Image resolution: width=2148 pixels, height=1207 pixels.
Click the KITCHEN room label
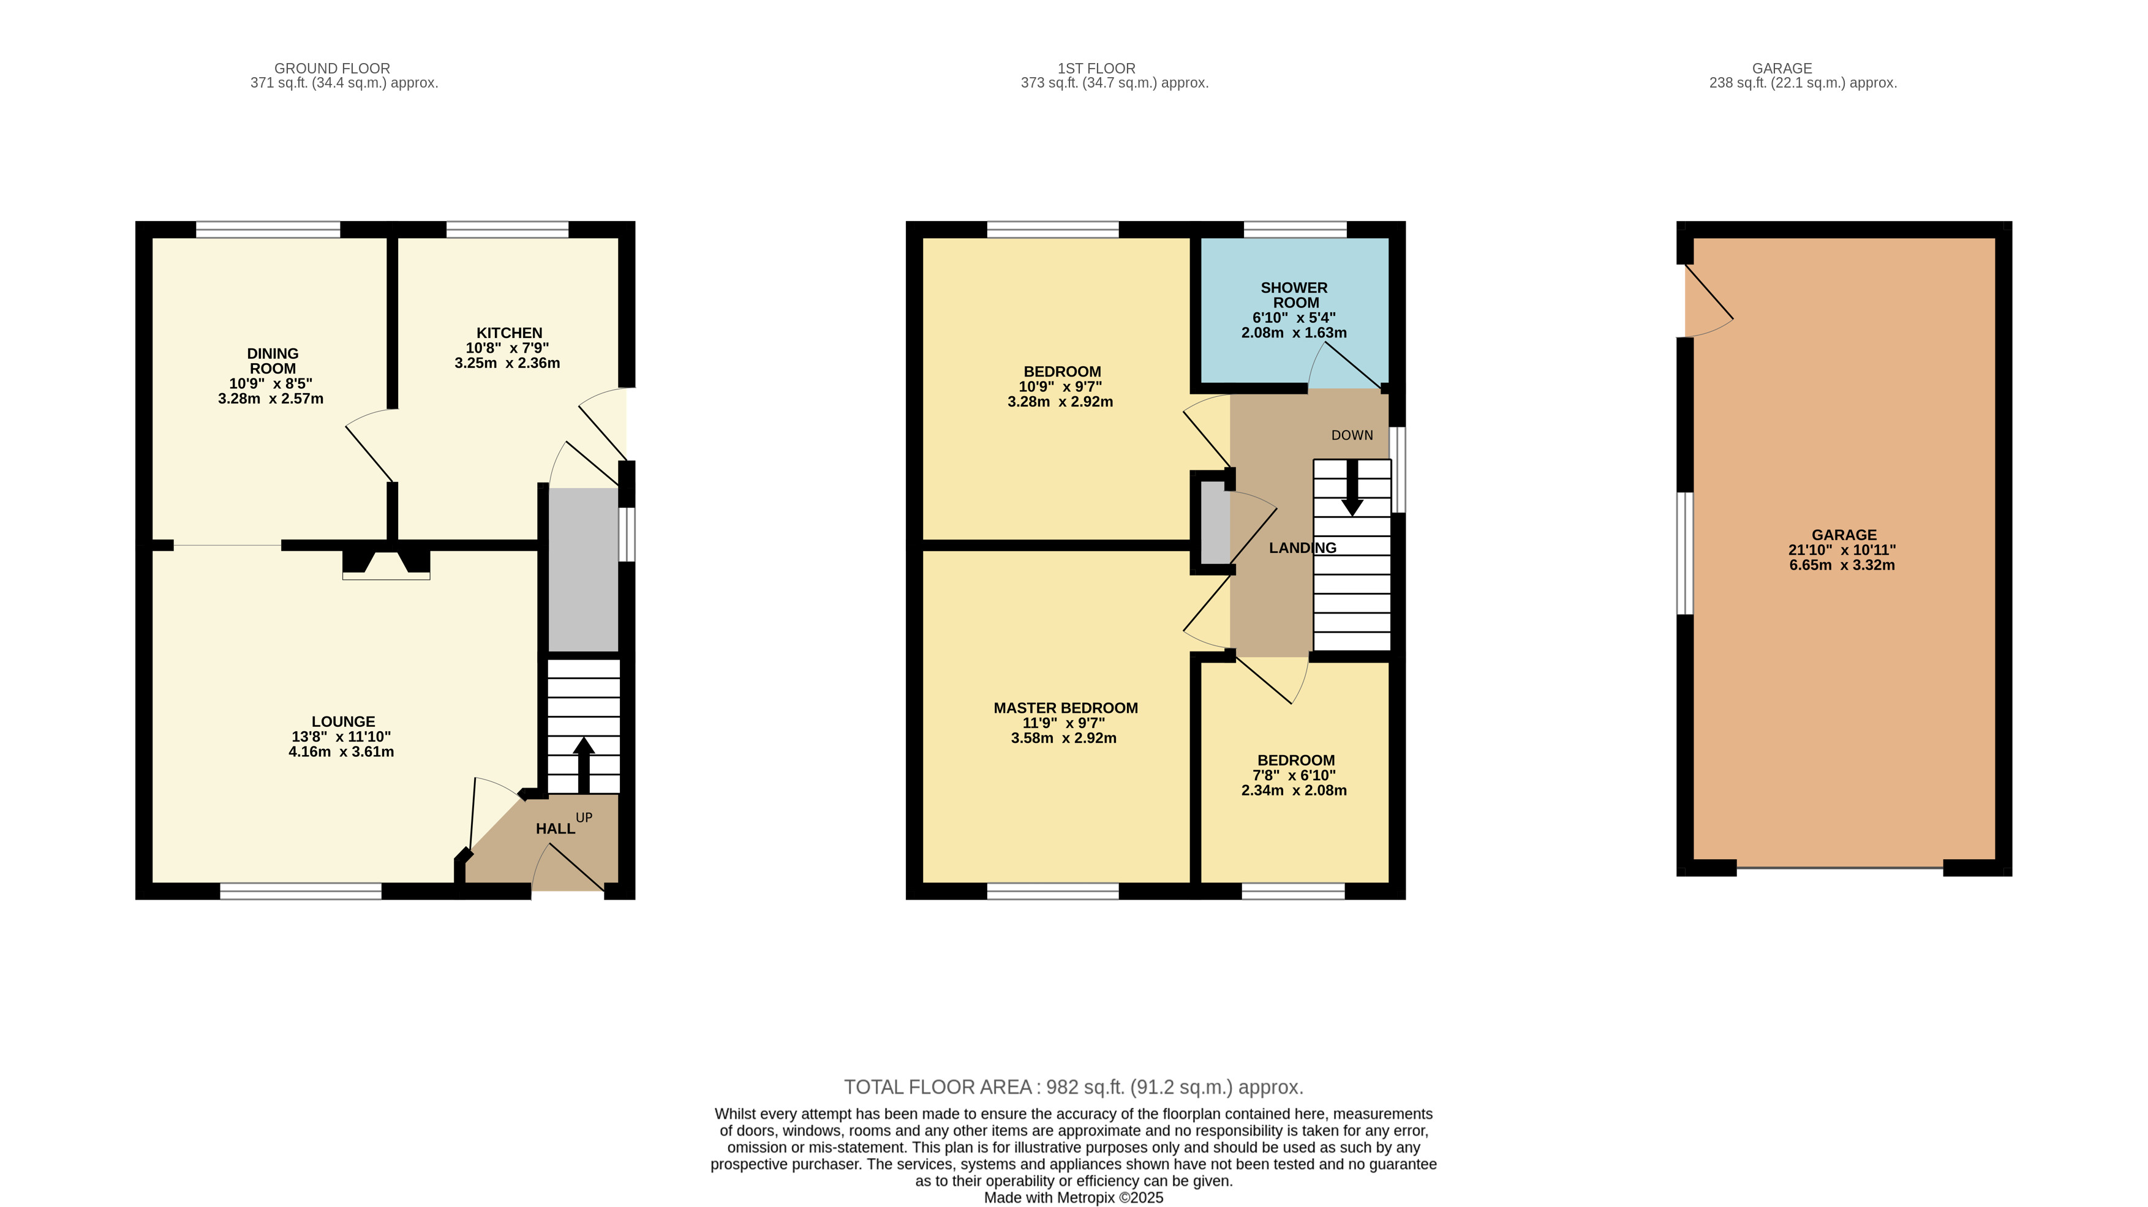coord(508,333)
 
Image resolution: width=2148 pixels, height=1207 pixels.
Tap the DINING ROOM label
coord(273,361)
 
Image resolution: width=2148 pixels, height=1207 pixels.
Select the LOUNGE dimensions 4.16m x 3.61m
coord(341,752)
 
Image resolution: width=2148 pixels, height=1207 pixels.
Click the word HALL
coord(556,829)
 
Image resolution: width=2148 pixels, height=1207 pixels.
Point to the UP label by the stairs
coord(584,818)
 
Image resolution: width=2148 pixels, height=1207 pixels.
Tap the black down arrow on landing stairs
coord(1352,487)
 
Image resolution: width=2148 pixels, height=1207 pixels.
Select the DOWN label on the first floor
coord(1352,435)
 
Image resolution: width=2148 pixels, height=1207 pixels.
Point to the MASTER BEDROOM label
coord(1066,708)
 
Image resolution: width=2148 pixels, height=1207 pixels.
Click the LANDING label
coord(1303,547)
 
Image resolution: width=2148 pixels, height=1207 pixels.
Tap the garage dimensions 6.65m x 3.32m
coord(1842,565)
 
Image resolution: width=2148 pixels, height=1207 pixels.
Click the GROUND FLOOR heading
coord(332,69)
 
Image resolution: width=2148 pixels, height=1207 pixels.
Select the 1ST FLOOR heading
coord(1096,69)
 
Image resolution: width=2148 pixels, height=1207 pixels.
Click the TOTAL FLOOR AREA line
coord(1073,1087)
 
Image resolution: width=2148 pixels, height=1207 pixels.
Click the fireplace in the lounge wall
coord(386,563)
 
